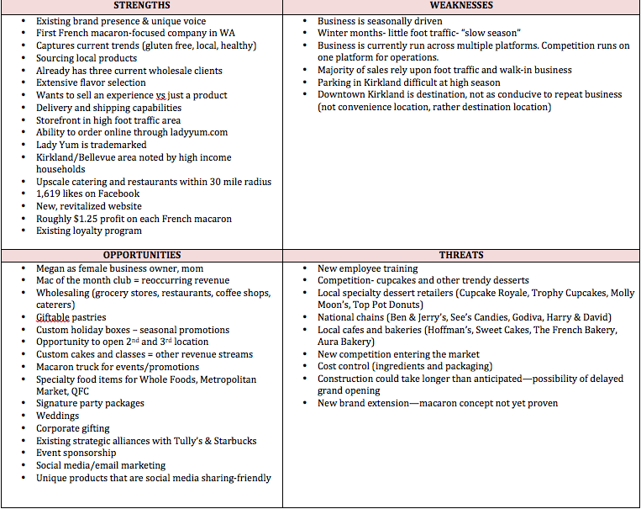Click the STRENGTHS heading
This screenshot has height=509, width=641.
coord(140,6)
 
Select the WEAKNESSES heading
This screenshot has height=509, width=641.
coord(461,6)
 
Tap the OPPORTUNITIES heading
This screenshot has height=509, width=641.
coord(141,255)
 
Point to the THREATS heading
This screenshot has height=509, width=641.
coord(461,255)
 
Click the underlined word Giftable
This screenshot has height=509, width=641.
coord(53,317)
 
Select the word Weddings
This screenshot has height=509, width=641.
coord(57,416)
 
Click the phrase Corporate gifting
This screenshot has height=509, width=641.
coord(73,428)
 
